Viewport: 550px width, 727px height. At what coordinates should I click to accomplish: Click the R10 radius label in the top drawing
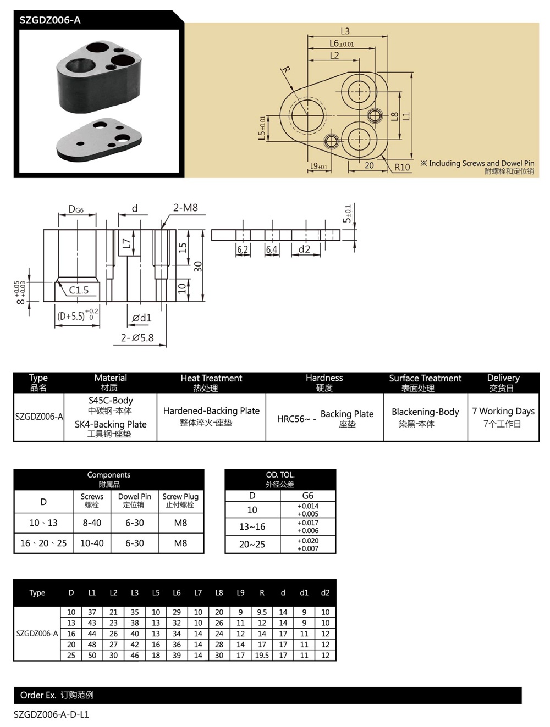pos(402,167)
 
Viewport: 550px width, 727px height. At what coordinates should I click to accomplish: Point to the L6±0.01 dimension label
pos(342,43)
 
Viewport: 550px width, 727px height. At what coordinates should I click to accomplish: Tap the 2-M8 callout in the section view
pos(185,208)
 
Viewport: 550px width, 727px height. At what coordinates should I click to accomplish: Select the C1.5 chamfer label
pos(79,290)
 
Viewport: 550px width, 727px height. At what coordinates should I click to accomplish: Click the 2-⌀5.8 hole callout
pos(137,338)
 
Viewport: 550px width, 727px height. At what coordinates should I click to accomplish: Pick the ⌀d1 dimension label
pos(141,318)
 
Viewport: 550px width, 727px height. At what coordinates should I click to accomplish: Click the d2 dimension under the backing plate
pos(304,249)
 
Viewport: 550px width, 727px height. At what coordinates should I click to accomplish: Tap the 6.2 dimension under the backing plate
pos(243,249)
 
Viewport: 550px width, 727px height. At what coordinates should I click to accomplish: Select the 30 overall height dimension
pos(198,267)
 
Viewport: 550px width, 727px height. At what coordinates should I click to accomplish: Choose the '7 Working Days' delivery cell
pos(503,411)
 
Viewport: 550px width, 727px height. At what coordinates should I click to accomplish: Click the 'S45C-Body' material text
pos(111,401)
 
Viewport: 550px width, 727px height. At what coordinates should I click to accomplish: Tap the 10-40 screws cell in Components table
pos(92,543)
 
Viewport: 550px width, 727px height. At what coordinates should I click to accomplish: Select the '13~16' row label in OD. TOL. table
pos(252,526)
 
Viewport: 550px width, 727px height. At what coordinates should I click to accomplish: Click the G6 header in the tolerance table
pos(307,496)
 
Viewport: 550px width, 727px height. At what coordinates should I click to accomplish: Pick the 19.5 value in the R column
pos(262,655)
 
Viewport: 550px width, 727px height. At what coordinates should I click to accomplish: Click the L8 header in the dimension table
pos(219,592)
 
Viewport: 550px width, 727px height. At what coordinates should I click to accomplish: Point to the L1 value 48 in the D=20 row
pos(92,644)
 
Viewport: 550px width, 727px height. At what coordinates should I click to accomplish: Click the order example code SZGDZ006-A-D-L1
pos(51,714)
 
